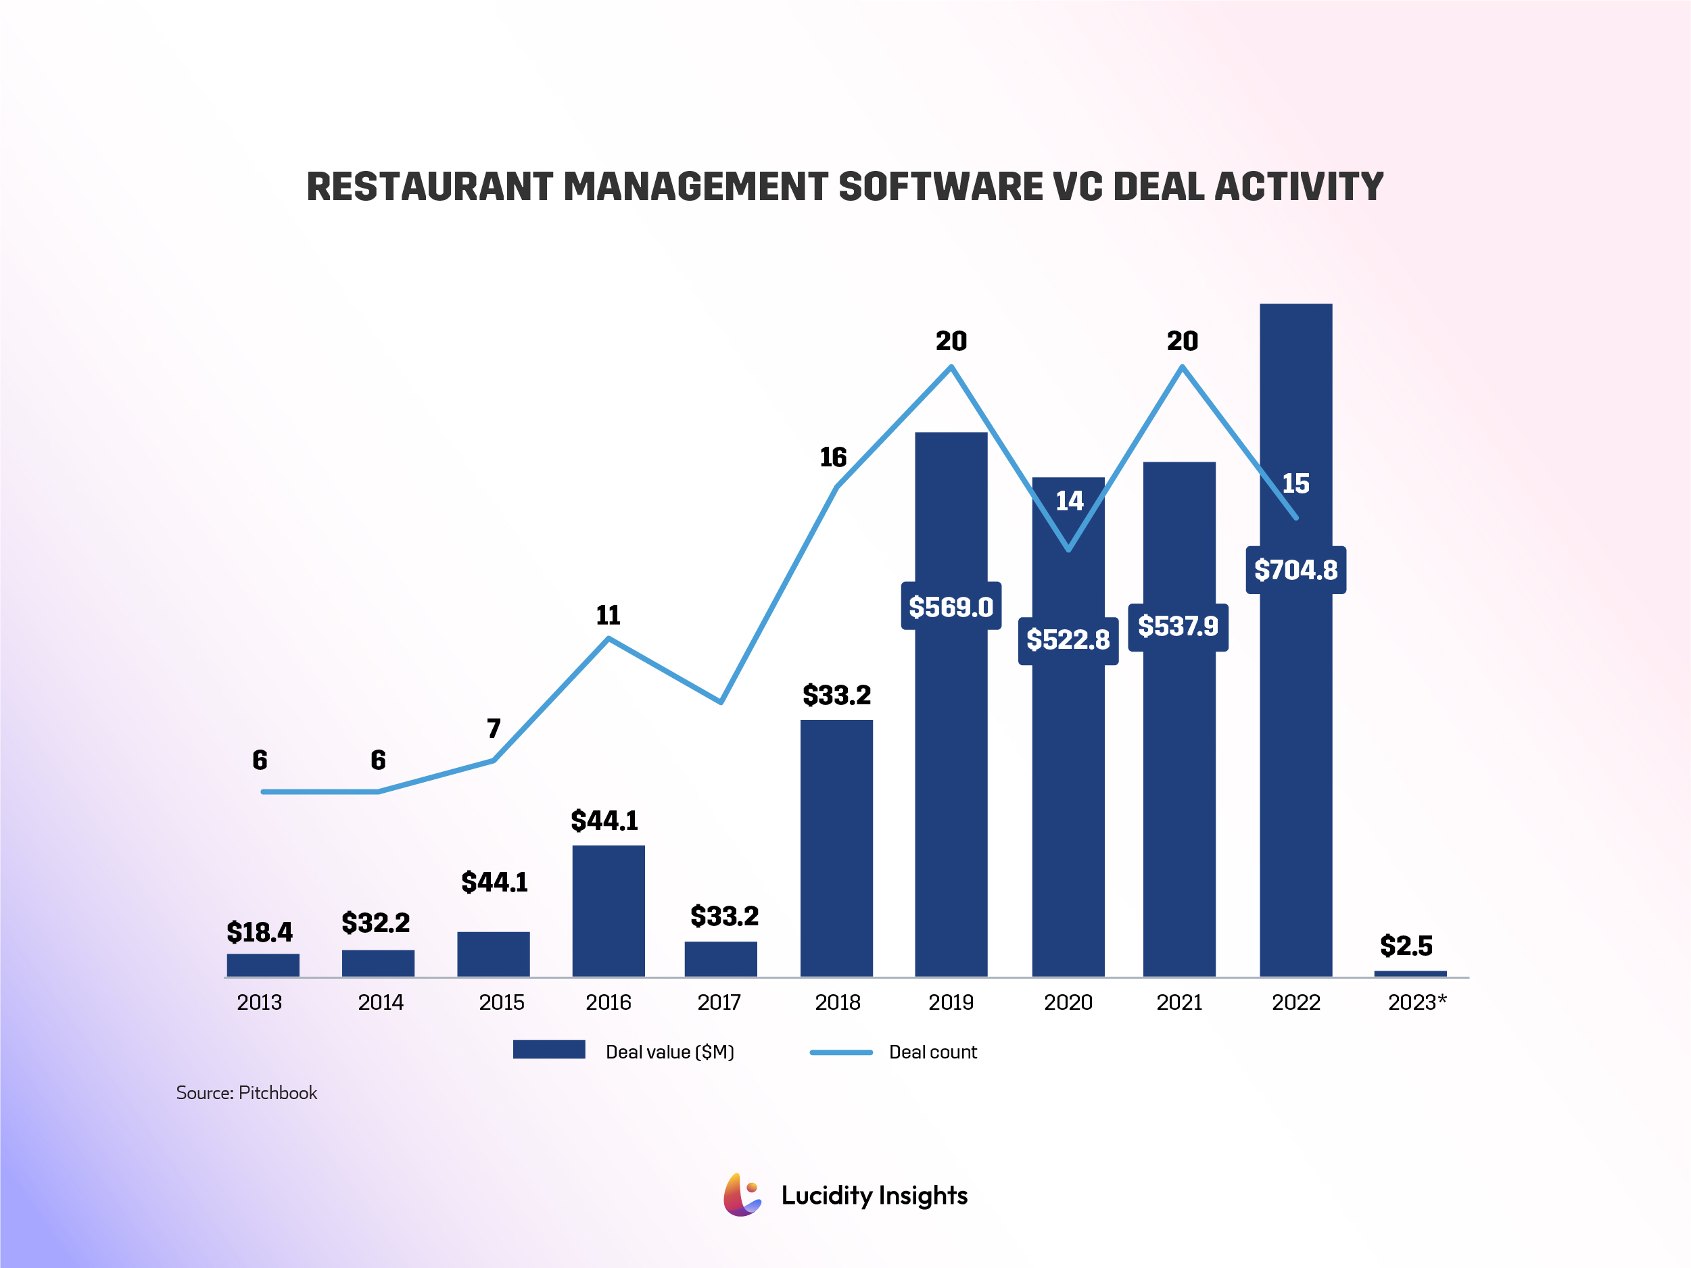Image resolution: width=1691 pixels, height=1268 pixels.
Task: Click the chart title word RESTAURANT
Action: [x=429, y=187]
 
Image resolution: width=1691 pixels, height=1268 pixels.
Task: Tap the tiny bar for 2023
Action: [x=1410, y=973]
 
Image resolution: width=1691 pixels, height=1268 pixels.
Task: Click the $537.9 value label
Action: [x=1177, y=627]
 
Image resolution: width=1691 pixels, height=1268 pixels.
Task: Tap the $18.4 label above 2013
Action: [x=259, y=931]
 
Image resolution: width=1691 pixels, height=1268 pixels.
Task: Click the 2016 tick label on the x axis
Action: [x=608, y=1002]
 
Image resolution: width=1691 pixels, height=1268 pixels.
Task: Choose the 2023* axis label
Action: [x=1416, y=1002]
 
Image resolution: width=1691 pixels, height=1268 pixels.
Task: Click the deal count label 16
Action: [x=832, y=457]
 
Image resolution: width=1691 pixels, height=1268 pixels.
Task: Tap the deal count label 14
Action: [x=1069, y=501]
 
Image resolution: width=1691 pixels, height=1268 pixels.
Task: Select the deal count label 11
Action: [x=608, y=615]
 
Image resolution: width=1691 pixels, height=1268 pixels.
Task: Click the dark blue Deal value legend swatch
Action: [x=548, y=1050]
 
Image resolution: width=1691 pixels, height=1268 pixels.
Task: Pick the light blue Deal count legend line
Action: [x=840, y=1052]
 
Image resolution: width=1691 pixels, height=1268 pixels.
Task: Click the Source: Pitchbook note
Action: [x=246, y=1092]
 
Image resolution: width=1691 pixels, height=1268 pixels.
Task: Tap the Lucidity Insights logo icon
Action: [x=742, y=1194]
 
